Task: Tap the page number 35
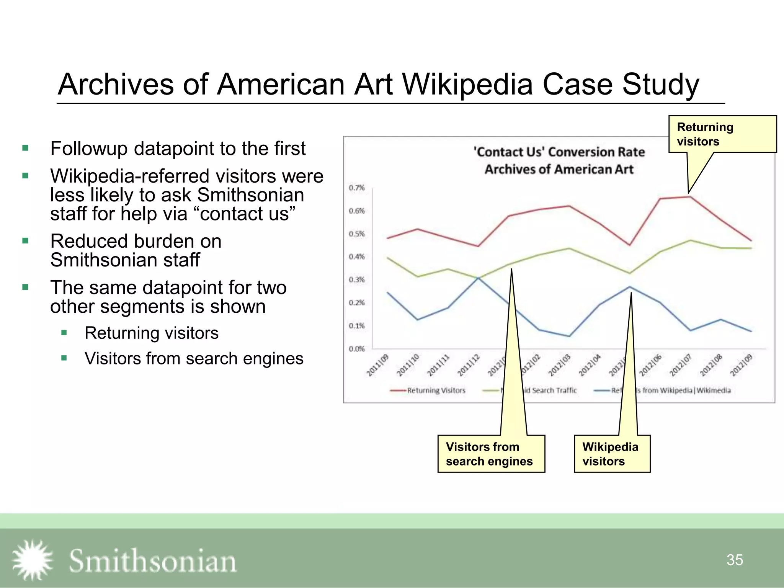(x=735, y=560)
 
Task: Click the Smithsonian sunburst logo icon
(x=32, y=560)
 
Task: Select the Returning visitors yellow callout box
(x=722, y=134)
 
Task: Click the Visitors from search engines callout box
(x=491, y=454)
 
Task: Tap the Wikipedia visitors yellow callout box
(x=612, y=454)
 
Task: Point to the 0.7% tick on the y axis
(x=356, y=188)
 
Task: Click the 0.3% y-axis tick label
(x=356, y=280)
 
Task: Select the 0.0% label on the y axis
(x=356, y=349)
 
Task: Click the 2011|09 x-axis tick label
(x=378, y=366)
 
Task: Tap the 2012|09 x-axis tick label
(x=741, y=366)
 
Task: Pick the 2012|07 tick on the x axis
(x=681, y=366)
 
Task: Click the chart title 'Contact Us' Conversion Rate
(x=559, y=152)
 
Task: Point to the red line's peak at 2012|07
(x=690, y=197)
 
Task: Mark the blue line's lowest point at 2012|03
(x=569, y=336)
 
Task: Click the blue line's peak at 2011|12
(x=478, y=278)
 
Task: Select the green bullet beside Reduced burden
(x=26, y=241)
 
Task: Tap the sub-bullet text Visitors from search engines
(x=194, y=359)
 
